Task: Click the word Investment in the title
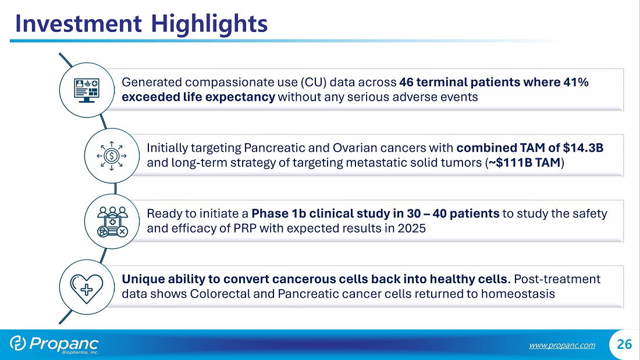point(79,24)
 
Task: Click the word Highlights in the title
point(209,24)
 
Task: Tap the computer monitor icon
point(87,90)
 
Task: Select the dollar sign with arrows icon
point(112,155)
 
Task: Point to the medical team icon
point(112,222)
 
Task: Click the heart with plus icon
point(87,288)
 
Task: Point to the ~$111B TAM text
point(524,163)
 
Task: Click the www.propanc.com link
point(562,345)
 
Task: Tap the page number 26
point(624,344)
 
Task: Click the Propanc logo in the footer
point(54,344)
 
